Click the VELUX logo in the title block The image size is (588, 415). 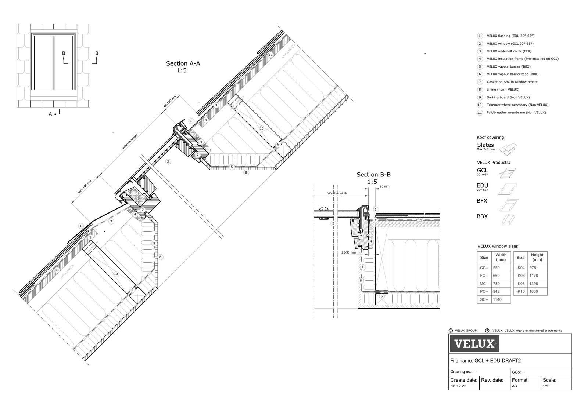coord(474,344)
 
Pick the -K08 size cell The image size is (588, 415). coord(520,283)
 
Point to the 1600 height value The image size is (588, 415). coord(534,291)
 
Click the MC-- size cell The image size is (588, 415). coord(484,283)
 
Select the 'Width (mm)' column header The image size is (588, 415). coord(501,257)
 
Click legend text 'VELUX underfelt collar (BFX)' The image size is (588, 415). coord(509,51)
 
